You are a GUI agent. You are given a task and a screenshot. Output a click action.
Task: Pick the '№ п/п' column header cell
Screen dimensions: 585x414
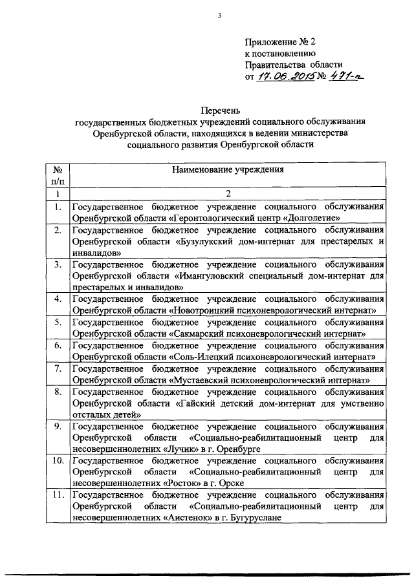coord(58,176)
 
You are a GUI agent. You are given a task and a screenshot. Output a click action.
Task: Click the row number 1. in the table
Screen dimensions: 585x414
coord(58,207)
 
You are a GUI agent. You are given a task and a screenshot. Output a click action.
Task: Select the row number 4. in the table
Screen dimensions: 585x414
coord(58,299)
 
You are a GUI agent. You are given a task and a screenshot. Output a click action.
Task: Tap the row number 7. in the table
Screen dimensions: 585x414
coord(58,368)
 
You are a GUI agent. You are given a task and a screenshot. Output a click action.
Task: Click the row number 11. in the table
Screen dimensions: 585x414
coord(58,496)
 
